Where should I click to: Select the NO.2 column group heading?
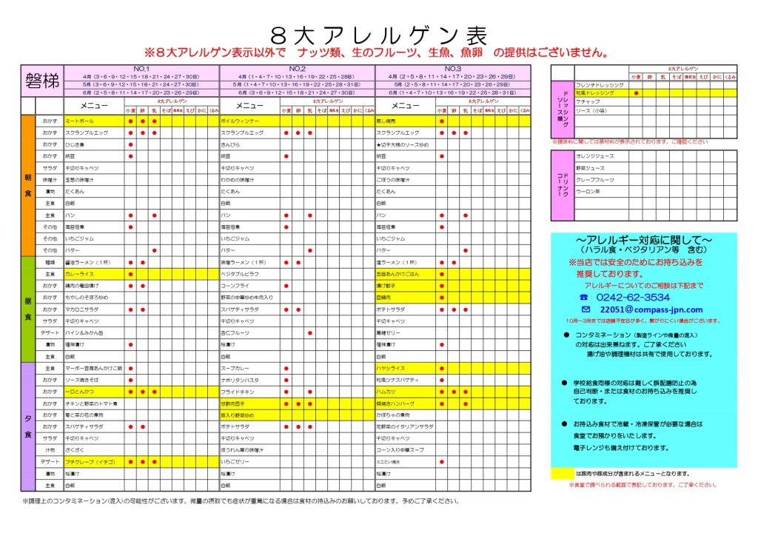[297, 69]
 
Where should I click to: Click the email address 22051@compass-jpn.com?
[651, 309]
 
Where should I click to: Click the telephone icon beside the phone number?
[585, 297]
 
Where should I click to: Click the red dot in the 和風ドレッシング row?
[636, 94]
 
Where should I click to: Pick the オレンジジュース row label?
[596, 156]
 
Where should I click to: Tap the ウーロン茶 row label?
[588, 192]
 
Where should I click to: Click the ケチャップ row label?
[588, 102]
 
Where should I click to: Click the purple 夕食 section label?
[27, 427]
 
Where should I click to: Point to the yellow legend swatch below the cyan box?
[562, 474]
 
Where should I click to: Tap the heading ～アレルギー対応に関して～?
[643, 241]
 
